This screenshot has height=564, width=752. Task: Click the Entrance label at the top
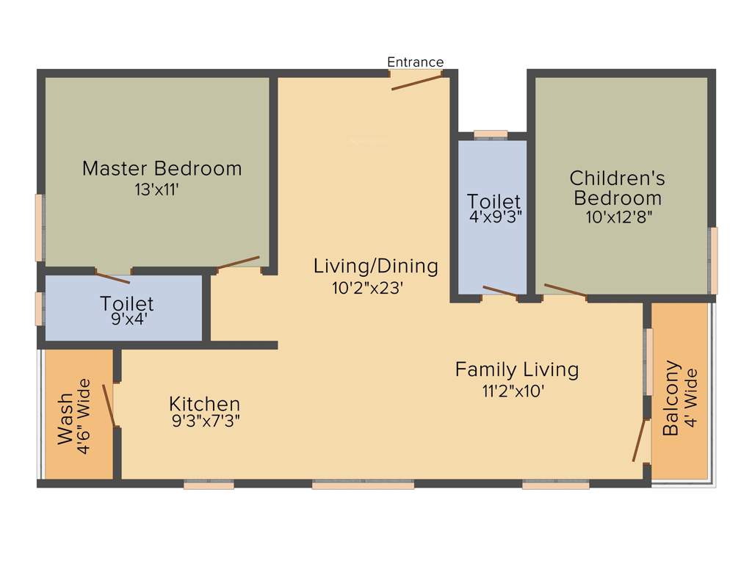(415, 62)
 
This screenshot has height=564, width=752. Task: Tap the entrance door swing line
(417, 82)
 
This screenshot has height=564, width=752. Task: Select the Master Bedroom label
(162, 168)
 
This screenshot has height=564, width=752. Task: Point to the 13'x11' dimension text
(157, 189)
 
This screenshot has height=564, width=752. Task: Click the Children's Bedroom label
(618, 188)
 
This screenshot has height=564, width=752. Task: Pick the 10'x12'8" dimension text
(618, 217)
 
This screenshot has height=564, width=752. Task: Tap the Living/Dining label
(375, 266)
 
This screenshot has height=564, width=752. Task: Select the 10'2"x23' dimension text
(368, 289)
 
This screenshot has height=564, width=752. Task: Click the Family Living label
(516, 369)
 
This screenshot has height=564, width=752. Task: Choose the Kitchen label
(204, 404)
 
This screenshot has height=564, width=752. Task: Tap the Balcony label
(670, 398)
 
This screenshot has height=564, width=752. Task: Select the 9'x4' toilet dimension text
(127, 320)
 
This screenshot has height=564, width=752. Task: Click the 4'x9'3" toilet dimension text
(494, 217)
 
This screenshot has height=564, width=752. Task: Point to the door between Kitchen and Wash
(109, 405)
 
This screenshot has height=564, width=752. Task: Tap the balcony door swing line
(640, 440)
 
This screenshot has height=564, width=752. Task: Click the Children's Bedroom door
(565, 291)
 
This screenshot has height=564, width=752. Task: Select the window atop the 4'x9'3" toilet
(491, 134)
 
